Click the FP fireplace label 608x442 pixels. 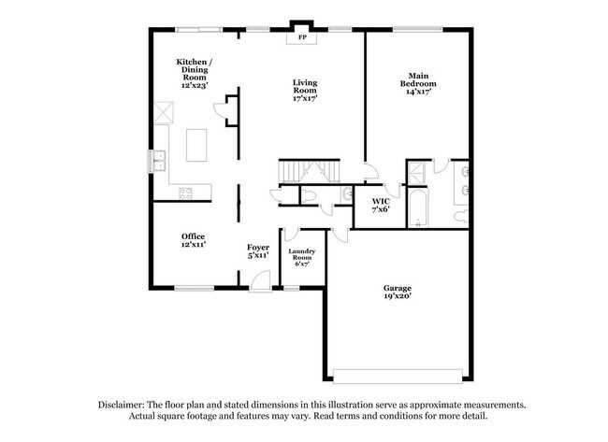click(x=302, y=39)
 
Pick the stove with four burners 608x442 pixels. click(x=184, y=193)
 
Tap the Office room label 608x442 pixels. click(x=194, y=240)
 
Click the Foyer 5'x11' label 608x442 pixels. click(x=258, y=251)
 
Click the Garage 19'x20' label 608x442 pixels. click(x=397, y=292)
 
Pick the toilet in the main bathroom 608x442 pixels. click(x=461, y=214)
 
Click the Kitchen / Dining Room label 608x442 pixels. click(x=195, y=72)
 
